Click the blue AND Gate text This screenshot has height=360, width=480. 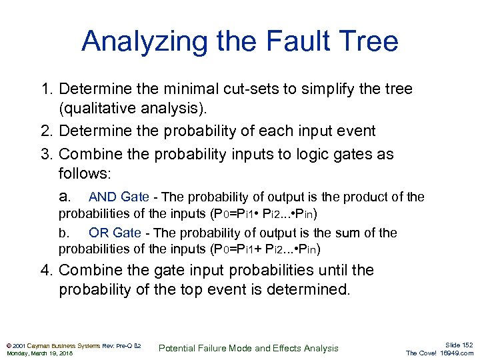(x=119, y=197)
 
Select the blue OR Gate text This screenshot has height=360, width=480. (x=115, y=233)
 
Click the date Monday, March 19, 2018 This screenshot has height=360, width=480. (x=39, y=353)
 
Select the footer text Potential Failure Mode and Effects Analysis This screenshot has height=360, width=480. (x=250, y=348)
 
